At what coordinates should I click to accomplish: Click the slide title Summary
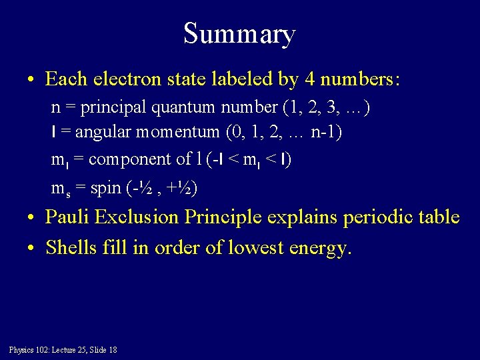point(239,33)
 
